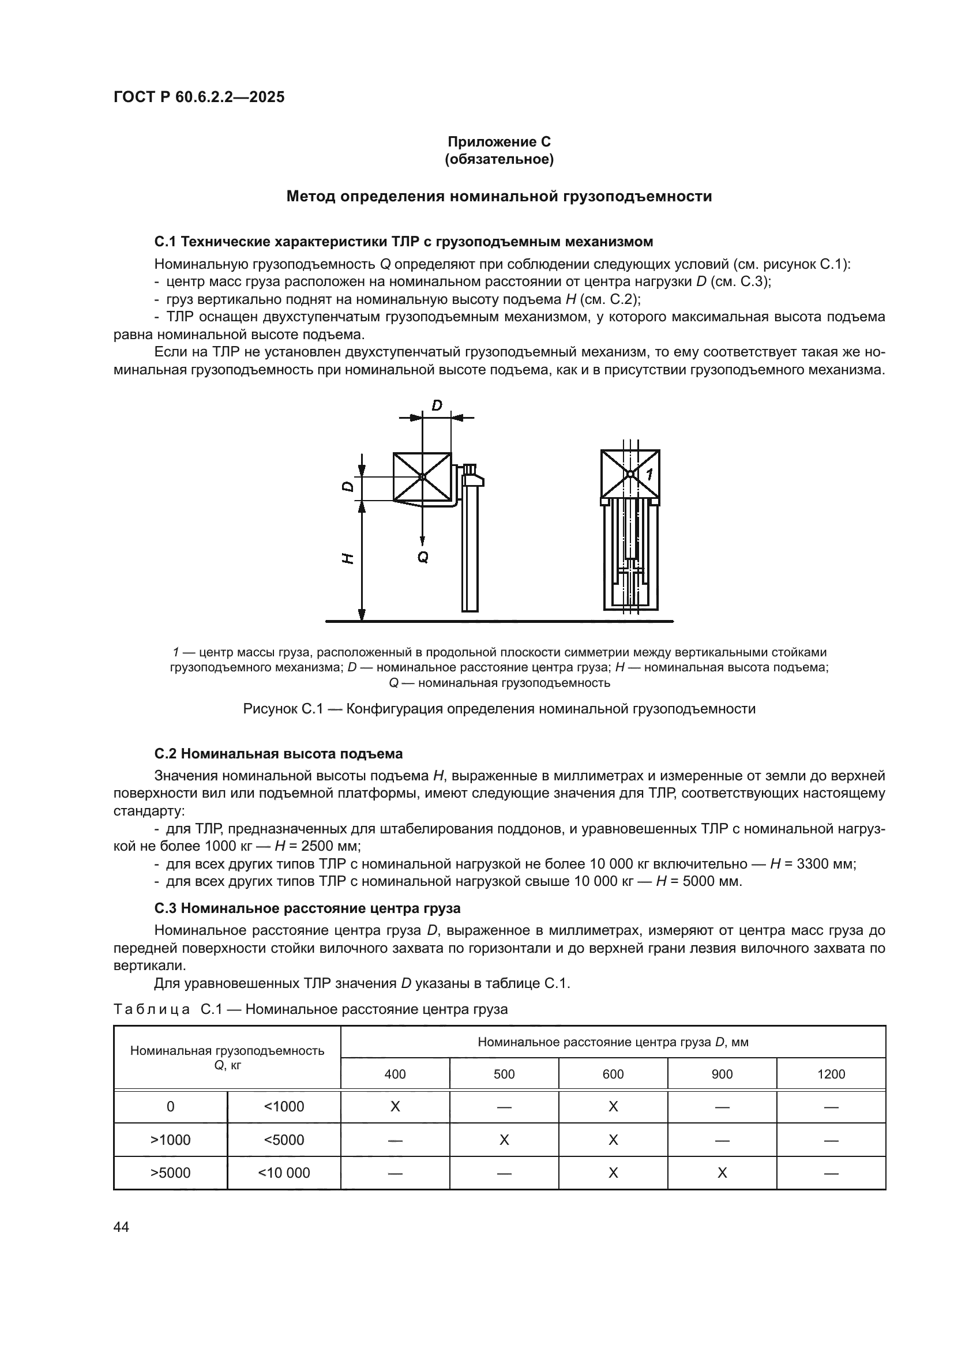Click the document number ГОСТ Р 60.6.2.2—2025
[199, 97]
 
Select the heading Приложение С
[499, 142]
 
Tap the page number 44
[122, 1227]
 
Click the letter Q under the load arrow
[423, 557]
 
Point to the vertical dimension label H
[348, 558]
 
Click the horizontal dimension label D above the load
[437, 405]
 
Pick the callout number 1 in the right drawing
[649, 475]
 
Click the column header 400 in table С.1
[395, 1074]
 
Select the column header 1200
[831, 1074]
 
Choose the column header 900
[722, 1074]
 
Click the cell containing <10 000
[284, 1173]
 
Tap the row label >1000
[170, 1140]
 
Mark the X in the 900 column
[722, 1173]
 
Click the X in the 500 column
[504, 1140]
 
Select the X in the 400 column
[395, 1107]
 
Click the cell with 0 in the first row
[170, 1107]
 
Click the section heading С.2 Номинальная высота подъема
[279, 754]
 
